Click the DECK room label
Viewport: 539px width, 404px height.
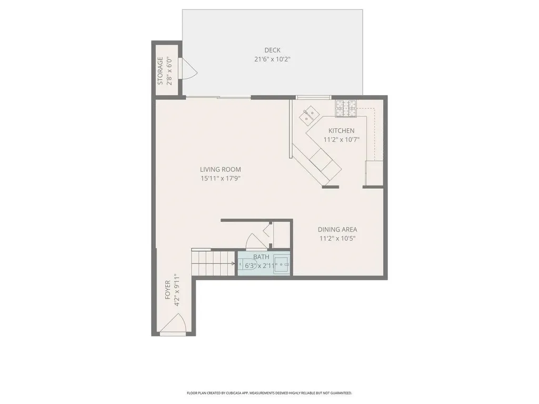pos(272,50)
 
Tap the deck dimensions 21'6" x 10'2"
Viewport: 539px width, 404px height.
pos(272,59)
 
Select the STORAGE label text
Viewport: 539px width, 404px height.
pos(161,70)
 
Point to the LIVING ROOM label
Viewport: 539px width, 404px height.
pos(220,169)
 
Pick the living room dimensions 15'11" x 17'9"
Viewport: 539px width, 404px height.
pos(220,178)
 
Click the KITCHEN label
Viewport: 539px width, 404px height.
pos(341,131)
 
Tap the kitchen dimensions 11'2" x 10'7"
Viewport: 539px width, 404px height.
pos(341,140)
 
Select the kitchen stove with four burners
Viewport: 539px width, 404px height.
pos(346,108)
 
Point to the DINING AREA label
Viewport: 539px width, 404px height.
pos(337,229)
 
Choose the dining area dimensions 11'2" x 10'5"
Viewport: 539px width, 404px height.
pos(337,238)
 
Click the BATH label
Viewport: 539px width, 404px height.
pos(261,257)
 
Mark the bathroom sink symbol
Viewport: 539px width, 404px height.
pos(284,264)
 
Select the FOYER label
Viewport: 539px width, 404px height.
pos(167,290)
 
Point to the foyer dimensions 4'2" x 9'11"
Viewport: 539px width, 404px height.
pos(177,290)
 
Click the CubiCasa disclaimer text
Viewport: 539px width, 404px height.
pos(269,393)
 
